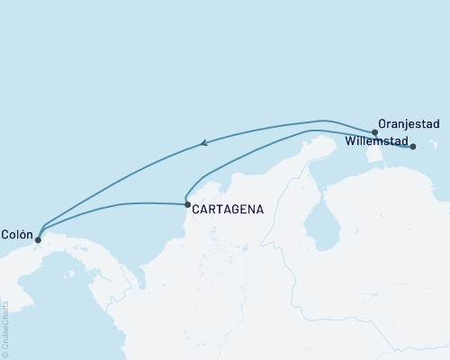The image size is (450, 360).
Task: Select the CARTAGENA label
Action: [x=229, y=209]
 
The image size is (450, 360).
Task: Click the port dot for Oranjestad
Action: [x=374, y=131]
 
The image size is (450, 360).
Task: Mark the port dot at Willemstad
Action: [x=413, y=146]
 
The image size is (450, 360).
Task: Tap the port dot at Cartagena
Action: [x=187, y=205]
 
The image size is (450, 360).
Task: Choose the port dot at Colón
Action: [x=37, y=239]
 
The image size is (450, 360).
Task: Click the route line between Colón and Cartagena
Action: [x=117, y=205]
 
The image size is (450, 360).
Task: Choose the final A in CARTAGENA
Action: [x=259, y=209]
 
